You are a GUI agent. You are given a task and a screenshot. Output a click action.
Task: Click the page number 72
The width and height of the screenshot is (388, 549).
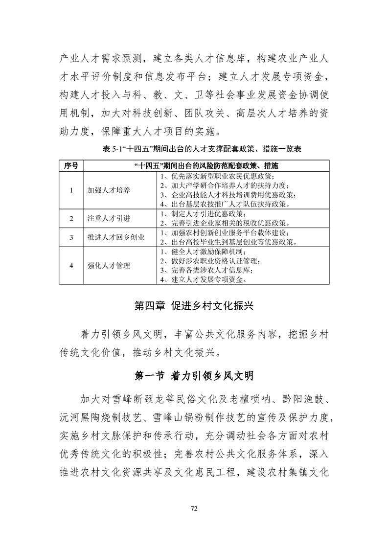point(194,509)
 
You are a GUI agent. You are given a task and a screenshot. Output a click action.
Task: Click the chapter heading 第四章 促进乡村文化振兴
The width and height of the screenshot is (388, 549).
point(194,306)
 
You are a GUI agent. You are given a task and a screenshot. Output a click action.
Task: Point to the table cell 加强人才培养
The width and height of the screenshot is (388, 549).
point(109,190)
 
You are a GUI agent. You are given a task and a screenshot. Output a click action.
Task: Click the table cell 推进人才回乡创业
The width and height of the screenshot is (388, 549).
point(115,237)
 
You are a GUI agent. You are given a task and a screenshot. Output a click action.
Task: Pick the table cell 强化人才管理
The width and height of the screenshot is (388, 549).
point(109,266)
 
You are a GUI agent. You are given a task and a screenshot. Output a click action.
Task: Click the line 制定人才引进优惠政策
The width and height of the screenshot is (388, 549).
point(202,214)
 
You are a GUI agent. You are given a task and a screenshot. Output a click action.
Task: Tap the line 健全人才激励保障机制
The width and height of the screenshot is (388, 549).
point(206,252)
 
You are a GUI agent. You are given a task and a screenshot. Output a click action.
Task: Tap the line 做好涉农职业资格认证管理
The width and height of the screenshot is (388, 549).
point(212,261)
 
